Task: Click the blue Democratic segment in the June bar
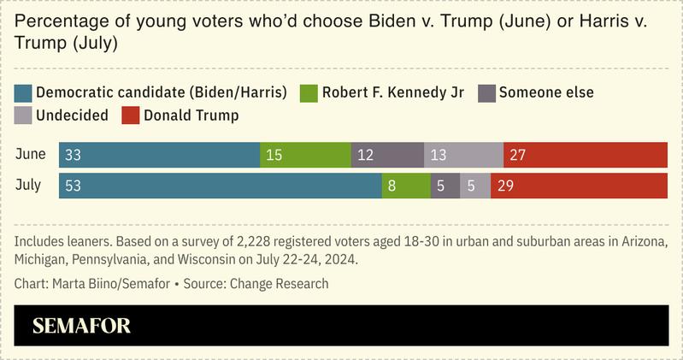160,155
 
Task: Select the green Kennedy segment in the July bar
406,186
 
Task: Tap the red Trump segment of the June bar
586,155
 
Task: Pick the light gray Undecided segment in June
463,155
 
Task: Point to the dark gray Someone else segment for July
445,186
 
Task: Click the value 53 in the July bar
74,186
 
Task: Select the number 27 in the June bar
518,155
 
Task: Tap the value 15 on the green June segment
274,155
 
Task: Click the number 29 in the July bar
505,186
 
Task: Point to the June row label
30,155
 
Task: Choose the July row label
28,186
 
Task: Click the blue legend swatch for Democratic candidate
24,92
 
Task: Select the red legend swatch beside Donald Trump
130,115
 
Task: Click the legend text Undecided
72,115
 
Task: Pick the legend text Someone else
546,92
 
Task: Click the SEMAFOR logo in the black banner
81,326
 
